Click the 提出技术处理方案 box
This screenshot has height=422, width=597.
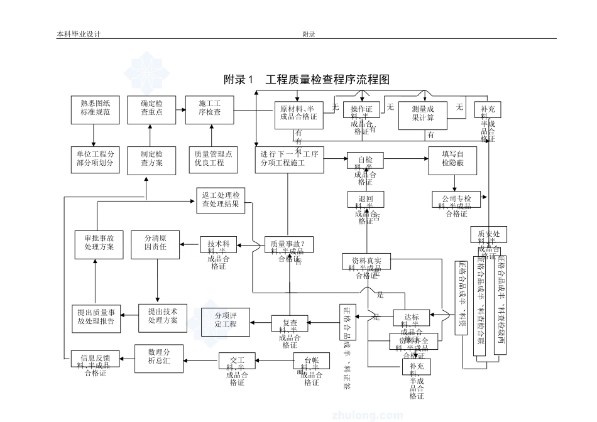click(162, 316)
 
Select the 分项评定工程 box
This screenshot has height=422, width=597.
click(225, 320)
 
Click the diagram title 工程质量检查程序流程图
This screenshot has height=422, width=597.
click(306, 80)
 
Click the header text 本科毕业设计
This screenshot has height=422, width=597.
click(79, 35)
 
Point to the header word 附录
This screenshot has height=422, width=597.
click(308, 35)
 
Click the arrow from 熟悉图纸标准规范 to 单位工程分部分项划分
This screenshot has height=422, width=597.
click(94, 134)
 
